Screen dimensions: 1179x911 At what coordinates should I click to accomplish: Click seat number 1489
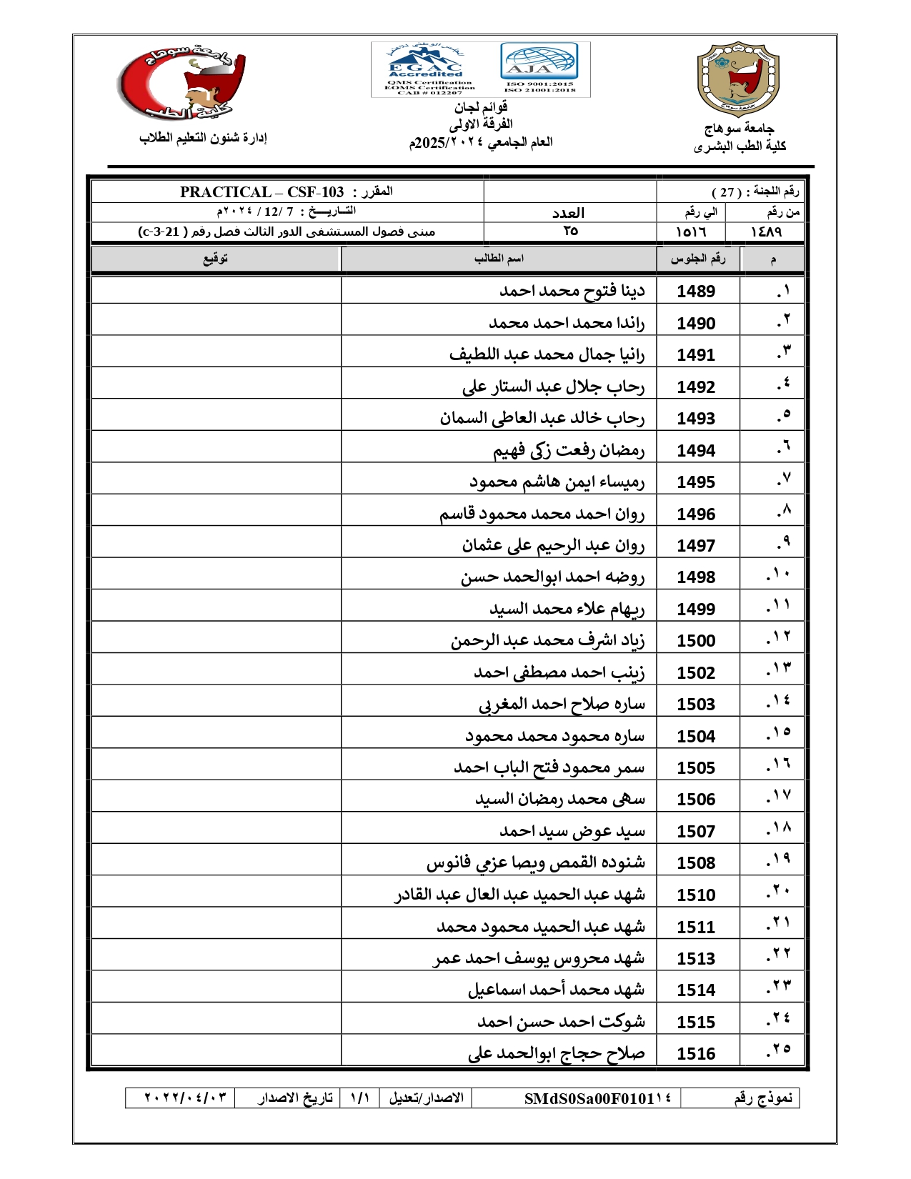point(696,292)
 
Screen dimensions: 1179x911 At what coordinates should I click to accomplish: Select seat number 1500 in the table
point(696,641)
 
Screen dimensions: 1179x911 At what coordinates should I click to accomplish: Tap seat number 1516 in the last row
point(696,1054)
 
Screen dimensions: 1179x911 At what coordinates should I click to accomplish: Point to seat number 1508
point(696,863)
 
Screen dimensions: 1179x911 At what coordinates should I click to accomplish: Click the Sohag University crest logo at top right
point(738,79)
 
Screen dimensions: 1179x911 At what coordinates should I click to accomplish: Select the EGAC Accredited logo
point(427,69)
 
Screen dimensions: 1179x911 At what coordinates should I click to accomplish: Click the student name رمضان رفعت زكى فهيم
point(569,450)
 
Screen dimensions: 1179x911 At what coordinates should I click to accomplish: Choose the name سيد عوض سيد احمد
point(572,831)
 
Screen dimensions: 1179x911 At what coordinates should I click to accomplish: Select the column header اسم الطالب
point(499,259)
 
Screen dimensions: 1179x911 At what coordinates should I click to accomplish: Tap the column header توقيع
point(216,259)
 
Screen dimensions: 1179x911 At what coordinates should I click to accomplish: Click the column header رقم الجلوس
point(697,259)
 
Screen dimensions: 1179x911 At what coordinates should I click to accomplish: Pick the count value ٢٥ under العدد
point(569,232)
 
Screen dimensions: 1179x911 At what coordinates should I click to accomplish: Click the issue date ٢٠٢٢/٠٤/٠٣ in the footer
point(186,1098)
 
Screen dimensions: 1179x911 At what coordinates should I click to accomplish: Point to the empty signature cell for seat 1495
point(216,482)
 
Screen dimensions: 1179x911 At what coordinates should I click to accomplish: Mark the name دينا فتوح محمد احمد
point(572,292)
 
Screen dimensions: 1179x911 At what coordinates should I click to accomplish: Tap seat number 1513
point(696,959)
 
